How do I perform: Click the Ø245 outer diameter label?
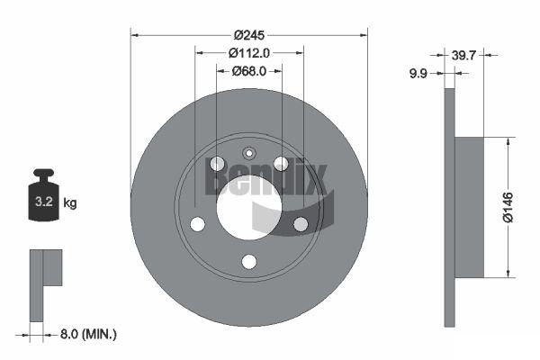pyautogui.click(x=249, y=35)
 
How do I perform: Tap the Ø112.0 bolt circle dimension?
pyautogui.click(x=249, y=53)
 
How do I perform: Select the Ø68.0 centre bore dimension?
pyautogui.click(x=249, y=71)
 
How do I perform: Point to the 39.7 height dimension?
pyautogui.click(x=463, y=55)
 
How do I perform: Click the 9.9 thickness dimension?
pyautogui.click(x=418, y=74)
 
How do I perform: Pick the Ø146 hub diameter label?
pyautogui.click(x=508, y=207)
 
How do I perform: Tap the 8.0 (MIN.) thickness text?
pyautogui.click(x=88, y=334)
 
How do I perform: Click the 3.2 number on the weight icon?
pyautogui.click(x=44, y=202)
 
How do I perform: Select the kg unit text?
pyautogui.click(x=70, y=202)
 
